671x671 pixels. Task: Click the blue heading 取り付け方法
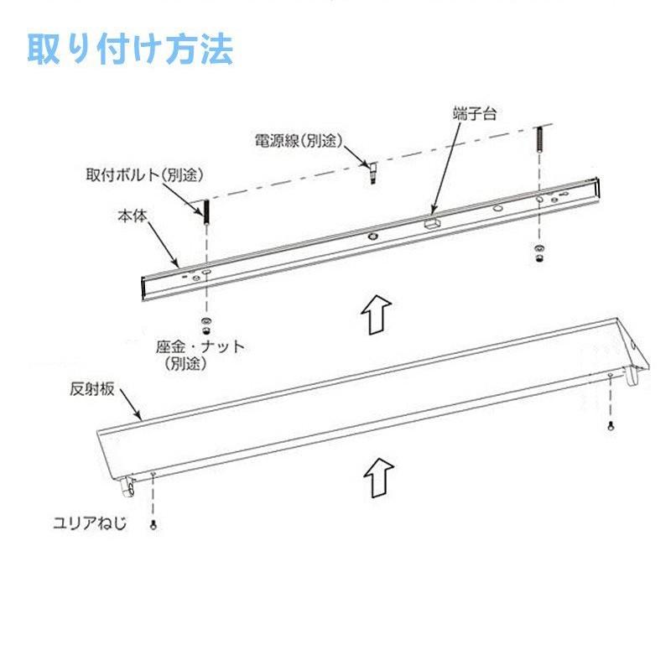(x=131, y=49)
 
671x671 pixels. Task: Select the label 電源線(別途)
(x=299, y=140)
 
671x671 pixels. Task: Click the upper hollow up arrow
(x=374, y=314)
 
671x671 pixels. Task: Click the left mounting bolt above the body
(x=203, y=211)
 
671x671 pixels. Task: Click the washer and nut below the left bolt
(x=205, y=324)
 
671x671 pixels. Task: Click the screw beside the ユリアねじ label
(x=153, y=525)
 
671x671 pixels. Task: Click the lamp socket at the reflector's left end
(x=128, y=483)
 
